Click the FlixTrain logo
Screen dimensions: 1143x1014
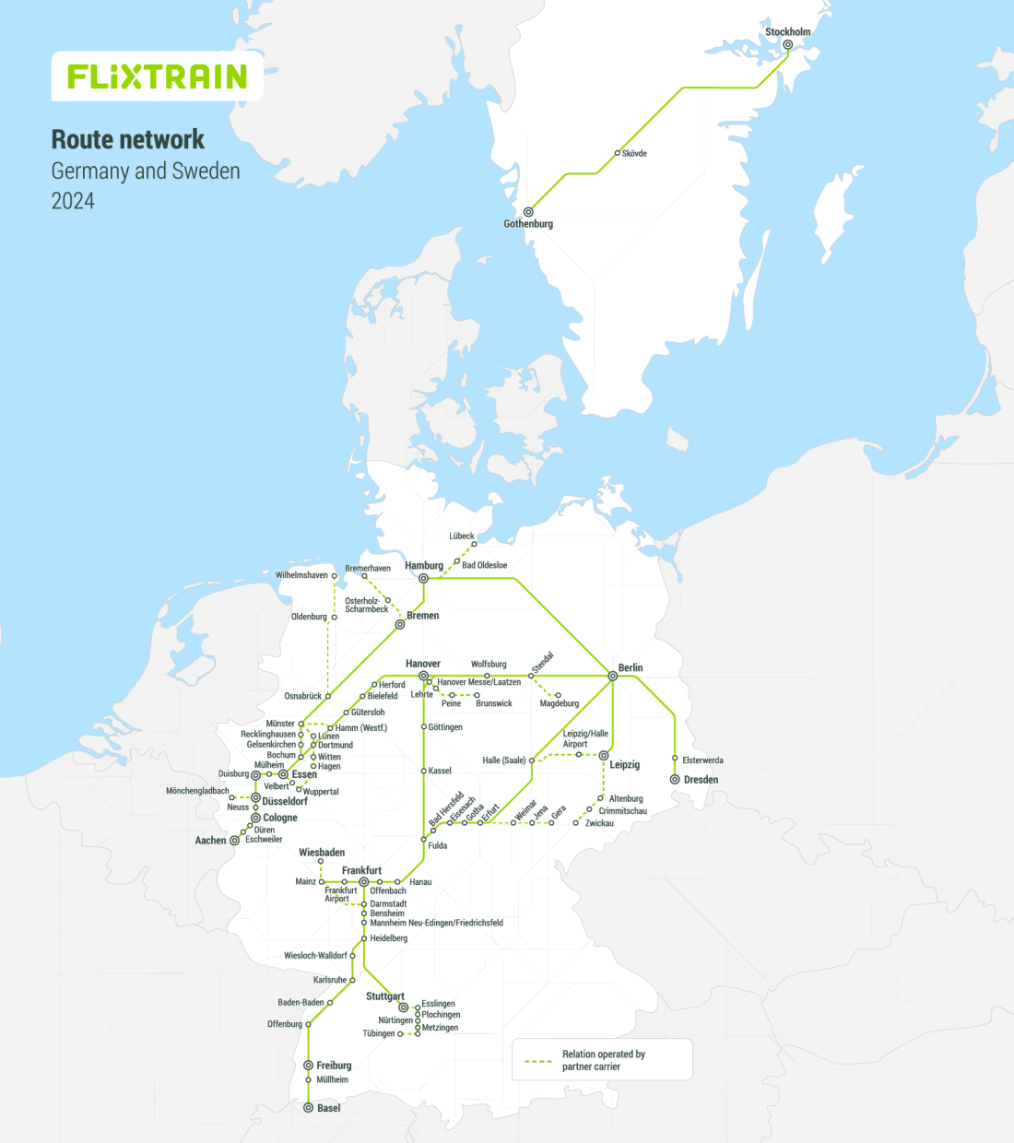pos(158,77)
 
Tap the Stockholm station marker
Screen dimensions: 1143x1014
pos(788,44)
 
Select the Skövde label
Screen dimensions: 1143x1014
pos(634,154)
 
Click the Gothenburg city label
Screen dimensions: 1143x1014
pos(528,224)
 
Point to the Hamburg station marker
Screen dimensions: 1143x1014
pos(424,579)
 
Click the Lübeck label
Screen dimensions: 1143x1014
pos(462,536)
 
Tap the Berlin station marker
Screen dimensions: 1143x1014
pos(613,677)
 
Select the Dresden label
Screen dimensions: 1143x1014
pos(701,780)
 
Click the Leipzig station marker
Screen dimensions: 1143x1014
pos(604,756)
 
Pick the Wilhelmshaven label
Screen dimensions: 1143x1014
pos(301,575)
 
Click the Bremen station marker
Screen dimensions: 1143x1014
pos(400,625)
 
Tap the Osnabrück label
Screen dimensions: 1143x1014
pos(302,697)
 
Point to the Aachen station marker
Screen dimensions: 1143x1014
pos(234,841)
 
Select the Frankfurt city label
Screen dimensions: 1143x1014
pos(361,870)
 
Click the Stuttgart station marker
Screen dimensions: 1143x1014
pos(403,1007)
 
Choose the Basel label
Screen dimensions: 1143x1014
pos(328,1108)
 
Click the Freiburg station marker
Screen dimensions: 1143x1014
pos(309,1066)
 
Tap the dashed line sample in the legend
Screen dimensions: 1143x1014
pos(537,1061)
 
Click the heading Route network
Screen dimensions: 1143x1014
pos(128,139)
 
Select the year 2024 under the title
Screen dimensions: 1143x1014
pos(73,201)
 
